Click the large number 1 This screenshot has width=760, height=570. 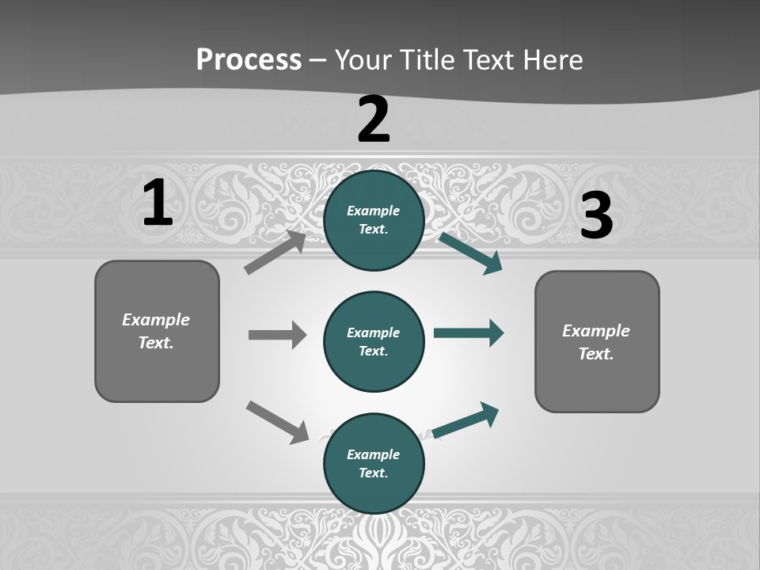point(158,203)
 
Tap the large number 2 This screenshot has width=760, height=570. point(374,120)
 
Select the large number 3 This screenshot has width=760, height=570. point(596,215)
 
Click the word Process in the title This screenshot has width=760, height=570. point(249,59)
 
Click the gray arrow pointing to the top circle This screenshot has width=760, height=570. point(275,253)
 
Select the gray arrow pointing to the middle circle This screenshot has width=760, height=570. point(277,335)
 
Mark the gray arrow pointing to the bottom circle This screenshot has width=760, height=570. point(277,422)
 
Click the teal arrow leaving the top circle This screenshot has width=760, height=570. point(470,253)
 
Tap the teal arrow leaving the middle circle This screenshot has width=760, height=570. point(469,333)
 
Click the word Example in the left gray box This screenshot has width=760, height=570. point(156,320)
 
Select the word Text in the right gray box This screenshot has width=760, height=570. point(595,354)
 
